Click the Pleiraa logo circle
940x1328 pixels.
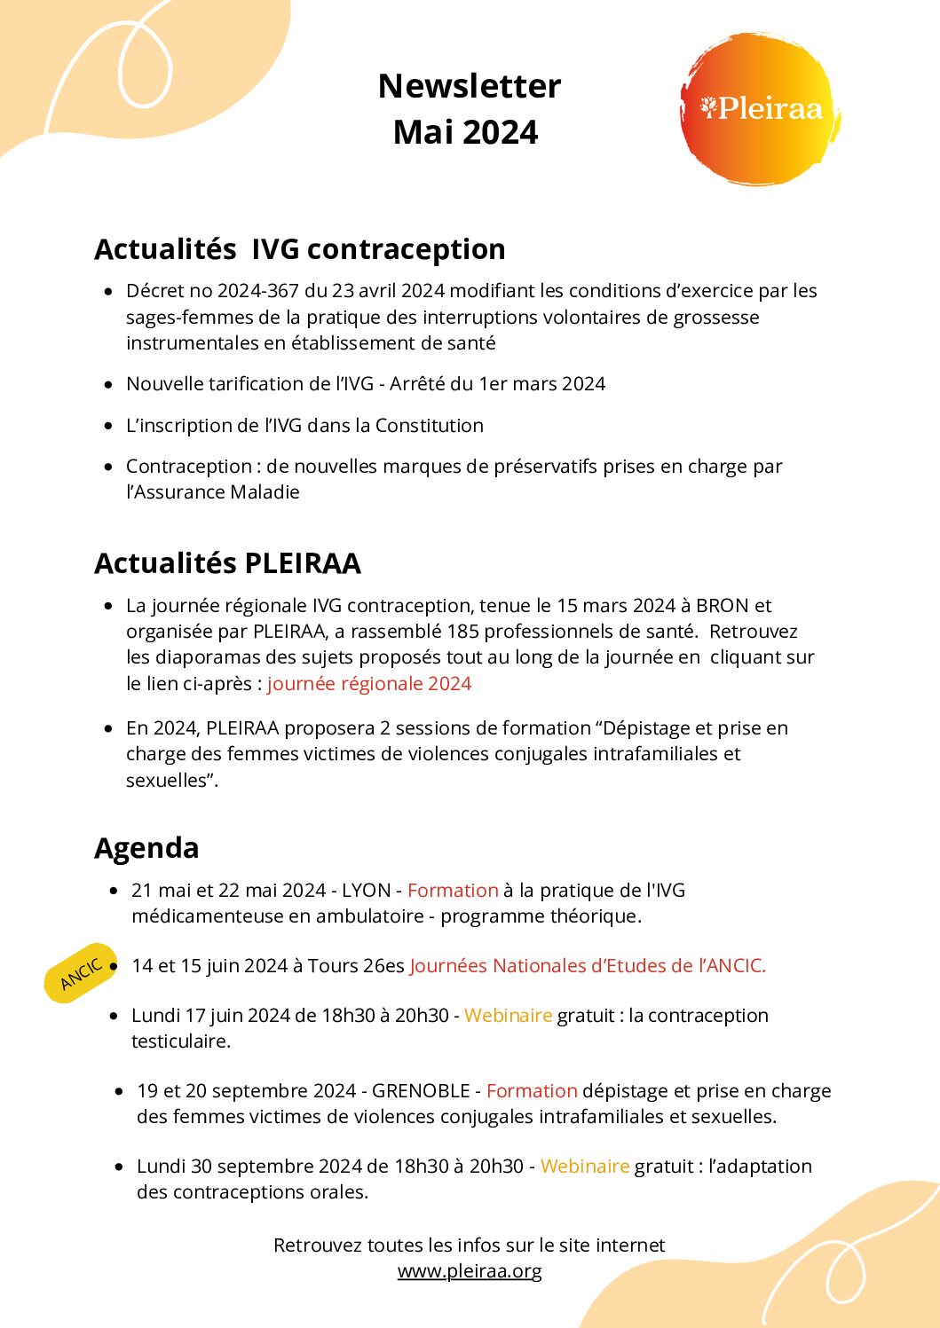759,109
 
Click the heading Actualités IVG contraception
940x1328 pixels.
300,249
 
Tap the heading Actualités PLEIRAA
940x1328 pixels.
228,563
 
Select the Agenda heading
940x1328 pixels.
146,848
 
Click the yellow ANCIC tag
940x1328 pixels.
81,973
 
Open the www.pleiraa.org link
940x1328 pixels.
470,1270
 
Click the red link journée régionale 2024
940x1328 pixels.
369,683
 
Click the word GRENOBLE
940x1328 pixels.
421,1091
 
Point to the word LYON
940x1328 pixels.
367,891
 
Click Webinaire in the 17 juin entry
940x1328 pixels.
508,1016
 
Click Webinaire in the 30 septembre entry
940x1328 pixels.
584,1167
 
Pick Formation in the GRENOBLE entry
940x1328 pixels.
532,1091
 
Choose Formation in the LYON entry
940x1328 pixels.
453,891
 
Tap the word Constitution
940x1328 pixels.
430,426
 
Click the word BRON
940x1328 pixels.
723,606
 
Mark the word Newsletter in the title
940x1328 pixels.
470,86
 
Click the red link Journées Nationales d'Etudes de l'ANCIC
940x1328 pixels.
588,966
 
